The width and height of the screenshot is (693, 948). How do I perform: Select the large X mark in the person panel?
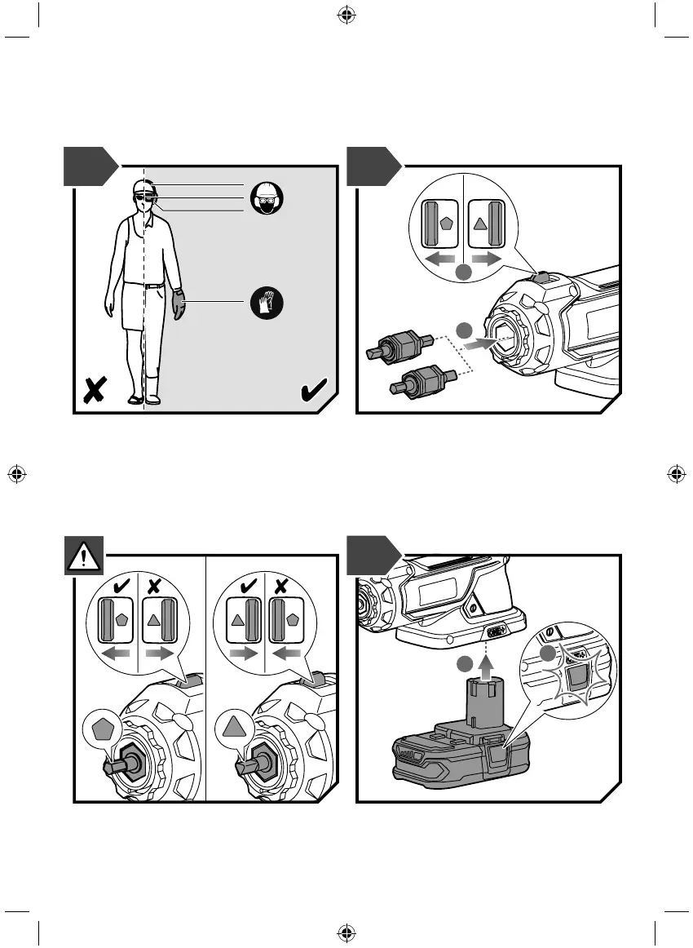(95, 392)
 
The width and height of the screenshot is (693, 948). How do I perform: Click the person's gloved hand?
(179, 305)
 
